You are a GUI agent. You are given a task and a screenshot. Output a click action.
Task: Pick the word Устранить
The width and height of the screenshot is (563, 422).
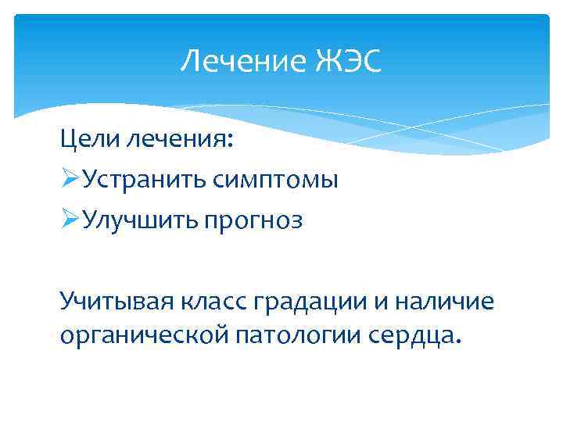coord(144,181)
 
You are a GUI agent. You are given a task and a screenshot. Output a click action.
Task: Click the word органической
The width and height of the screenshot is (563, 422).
coord(141,335)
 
